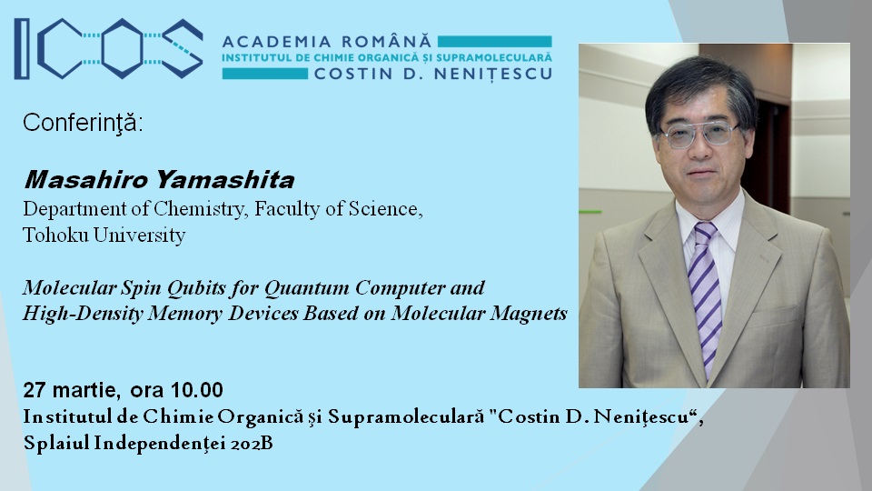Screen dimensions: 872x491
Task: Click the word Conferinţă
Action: [83, 123]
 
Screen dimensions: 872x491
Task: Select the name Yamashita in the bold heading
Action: [225, 180]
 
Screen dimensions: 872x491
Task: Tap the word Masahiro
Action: [86, 180]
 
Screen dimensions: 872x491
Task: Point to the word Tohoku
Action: [55, 235]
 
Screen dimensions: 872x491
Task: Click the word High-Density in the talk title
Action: [83, 314]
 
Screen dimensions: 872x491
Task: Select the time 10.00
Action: [197, 390]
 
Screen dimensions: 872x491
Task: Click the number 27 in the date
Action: [35, 390]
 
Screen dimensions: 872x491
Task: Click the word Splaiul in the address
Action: [56, 444]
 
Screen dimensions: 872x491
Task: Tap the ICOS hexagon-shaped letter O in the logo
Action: [123, 49]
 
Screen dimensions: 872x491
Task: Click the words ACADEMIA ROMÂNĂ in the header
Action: [327, 42]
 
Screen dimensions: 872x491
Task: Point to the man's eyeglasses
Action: [699, 135]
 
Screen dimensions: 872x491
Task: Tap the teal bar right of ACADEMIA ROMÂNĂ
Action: [494, 42]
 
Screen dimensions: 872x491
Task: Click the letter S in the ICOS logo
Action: [182, 49]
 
